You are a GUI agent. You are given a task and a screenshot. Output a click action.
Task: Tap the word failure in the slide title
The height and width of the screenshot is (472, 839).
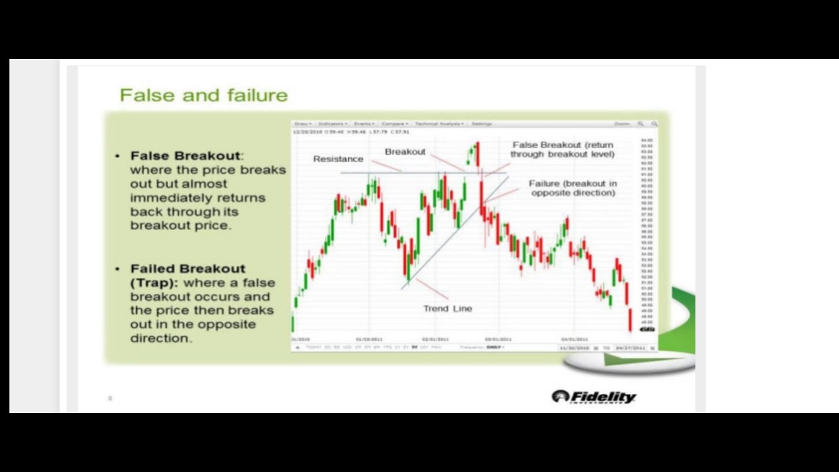(257, 96)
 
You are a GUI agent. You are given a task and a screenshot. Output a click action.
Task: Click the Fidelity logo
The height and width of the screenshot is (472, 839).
(594, 397)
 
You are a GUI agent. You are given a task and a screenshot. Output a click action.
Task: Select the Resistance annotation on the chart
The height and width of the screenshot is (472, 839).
(338, 159)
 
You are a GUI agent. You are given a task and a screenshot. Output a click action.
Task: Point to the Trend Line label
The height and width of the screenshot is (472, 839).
(447, 308)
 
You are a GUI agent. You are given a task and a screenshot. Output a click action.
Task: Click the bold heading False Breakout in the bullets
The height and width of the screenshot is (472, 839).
(185, 155)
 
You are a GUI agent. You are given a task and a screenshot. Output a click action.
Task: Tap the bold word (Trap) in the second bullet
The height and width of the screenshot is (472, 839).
(153, 283)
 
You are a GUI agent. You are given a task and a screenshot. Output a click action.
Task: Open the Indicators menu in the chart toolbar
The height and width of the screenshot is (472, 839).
(332, 123)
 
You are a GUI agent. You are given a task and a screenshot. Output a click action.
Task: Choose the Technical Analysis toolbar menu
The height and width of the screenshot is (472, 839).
(439, 123)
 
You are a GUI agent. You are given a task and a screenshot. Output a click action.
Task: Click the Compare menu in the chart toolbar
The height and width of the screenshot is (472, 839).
(394, 123)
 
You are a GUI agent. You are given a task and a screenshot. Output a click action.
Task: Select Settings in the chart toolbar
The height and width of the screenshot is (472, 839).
(482, 123)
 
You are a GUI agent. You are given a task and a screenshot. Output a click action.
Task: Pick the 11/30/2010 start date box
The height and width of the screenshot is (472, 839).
(574, 347)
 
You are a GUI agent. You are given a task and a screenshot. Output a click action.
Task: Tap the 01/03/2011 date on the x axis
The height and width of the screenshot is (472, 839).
(369, 339)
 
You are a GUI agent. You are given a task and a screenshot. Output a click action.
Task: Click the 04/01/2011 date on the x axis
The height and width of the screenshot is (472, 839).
(574, 339)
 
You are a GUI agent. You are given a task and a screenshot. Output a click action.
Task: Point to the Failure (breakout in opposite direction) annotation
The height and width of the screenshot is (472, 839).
(573, 188)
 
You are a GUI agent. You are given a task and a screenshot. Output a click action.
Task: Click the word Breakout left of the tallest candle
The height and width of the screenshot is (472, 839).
(404, 151)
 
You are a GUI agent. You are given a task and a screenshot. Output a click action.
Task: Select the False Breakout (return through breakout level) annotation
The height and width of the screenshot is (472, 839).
(562, 149)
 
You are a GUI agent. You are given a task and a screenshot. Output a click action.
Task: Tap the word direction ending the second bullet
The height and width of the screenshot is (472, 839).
(160, 338)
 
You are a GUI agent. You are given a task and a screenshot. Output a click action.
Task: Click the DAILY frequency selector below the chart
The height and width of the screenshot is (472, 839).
(494, 347)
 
